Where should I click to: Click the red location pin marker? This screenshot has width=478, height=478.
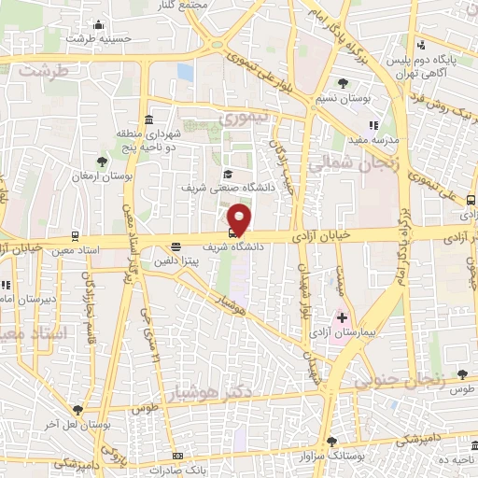[240, 218]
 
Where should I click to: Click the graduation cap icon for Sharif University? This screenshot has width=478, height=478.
[227, 174]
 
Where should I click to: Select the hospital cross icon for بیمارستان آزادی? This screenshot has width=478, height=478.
[342, 318]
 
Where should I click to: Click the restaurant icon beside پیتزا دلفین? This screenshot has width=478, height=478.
[176, 247]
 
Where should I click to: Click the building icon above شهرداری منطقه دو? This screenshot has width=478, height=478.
[150, 120]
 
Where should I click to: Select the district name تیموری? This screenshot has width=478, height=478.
[243, 119]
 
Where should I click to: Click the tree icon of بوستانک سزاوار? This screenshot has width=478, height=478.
[331, 442]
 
